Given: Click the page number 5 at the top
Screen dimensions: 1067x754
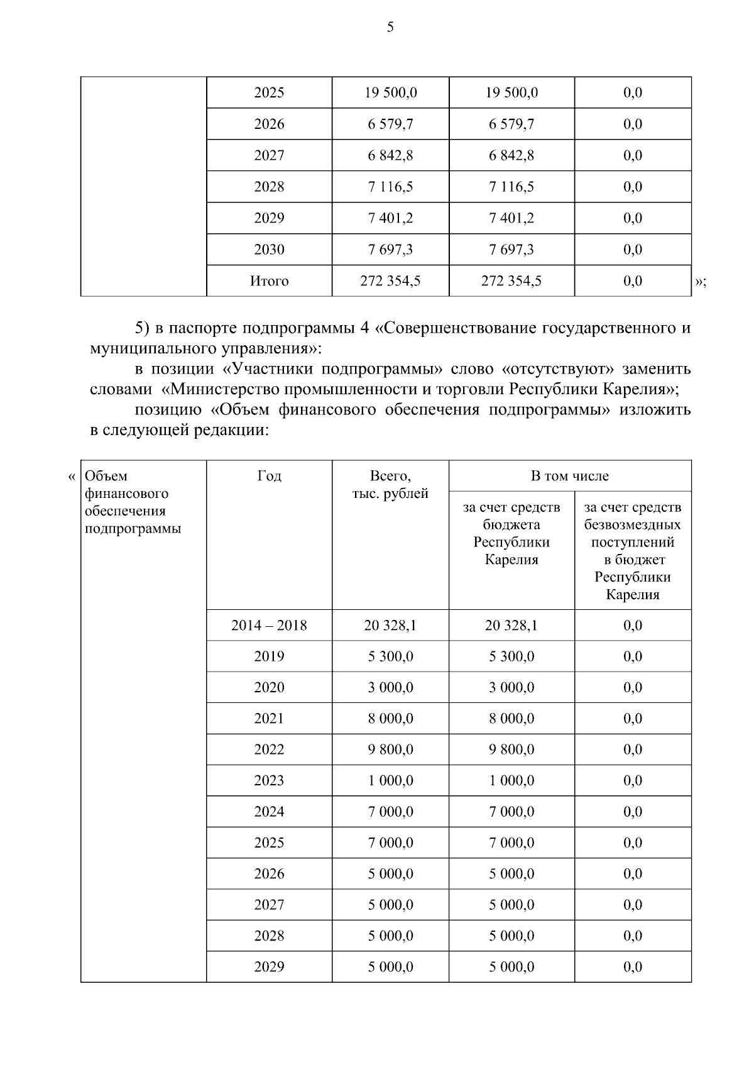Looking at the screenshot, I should (x=390, y=27).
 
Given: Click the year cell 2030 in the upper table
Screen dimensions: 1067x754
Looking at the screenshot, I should (x=269, y=250).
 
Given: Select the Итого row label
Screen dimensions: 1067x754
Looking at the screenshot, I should (x=269, y=281).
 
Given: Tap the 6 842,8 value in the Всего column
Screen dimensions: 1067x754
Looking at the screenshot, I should (x=390, y=155).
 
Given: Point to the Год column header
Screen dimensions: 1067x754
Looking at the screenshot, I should (x=269, y=476).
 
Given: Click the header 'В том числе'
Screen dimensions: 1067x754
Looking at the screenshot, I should (x=569, y=476).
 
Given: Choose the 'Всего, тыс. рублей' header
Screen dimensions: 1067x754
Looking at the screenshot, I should (x=390, y=485).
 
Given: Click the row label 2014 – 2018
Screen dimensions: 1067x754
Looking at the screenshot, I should (x=269, y=626).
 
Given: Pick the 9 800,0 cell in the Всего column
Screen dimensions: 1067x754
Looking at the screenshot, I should (x=390, y=749).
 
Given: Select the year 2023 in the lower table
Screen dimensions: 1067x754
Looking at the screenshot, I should (x=269, y=780).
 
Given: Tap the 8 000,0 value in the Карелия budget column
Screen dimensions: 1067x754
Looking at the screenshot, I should (x=511, y=719).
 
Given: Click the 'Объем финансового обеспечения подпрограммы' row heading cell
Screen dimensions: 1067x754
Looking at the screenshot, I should (x=133, y=502).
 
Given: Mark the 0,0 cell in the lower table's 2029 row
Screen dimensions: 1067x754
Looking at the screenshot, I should (x=632, y=967).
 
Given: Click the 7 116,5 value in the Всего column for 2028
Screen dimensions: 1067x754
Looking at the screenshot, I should (x=390, y=187).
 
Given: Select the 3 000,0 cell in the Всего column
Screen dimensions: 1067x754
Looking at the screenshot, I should (x=390, y=687).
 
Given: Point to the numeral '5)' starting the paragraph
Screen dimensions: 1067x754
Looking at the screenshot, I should (x=142, y=328).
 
